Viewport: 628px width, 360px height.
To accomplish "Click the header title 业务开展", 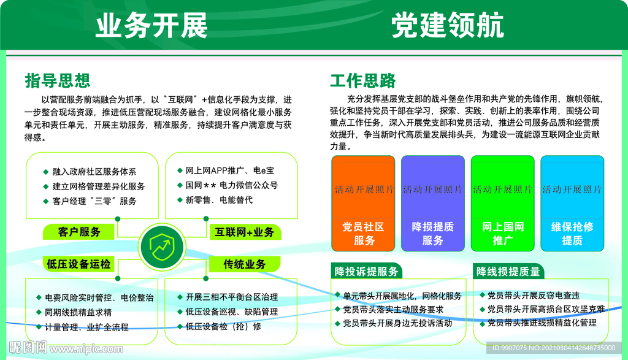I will [151, 26].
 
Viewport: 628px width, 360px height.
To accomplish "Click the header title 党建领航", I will [448, 26].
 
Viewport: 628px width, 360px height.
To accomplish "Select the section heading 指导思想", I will [58, 80].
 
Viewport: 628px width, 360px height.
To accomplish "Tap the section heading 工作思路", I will [363, 80].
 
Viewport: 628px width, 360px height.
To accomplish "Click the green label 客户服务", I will [79, 232].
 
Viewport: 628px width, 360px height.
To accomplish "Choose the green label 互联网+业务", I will [245, 232].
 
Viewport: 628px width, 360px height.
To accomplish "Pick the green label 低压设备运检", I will [79, 264].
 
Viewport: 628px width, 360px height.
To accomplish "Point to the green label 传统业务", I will [245, 264].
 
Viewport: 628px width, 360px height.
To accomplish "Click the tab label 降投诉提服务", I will [366, 271].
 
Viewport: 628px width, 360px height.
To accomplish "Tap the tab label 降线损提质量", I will [508, 271].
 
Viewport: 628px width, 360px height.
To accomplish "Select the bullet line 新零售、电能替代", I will [218, 199].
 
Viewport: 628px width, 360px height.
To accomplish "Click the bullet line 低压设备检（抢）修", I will [223, 326].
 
